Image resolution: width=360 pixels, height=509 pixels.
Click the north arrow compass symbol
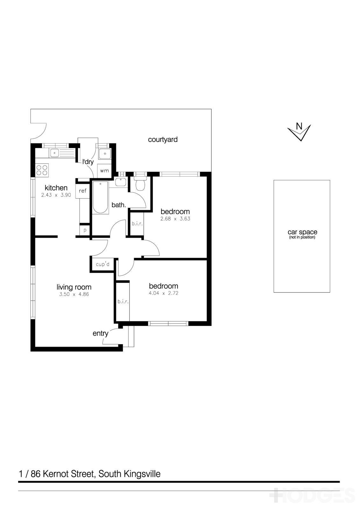click(299, 130)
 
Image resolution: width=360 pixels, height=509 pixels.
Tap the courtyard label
click(163, 139)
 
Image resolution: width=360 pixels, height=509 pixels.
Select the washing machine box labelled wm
click(104, 171)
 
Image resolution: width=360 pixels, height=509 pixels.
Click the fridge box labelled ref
click(82, 191)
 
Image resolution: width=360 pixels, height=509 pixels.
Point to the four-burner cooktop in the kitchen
click(42, 170)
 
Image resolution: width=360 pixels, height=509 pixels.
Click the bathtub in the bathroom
click(100, 197)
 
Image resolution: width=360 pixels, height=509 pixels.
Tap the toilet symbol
click(140, 183)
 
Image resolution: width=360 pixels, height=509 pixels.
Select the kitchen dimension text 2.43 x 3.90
click(56, 195)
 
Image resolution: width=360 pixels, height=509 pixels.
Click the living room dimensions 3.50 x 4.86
click(74, 294)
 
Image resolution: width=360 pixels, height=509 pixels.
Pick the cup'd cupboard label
click(102, 264)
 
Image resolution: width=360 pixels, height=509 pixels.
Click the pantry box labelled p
click(85, 230)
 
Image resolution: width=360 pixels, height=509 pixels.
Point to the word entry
click(100, 333)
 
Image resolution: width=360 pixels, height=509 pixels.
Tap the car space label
click(302, 232)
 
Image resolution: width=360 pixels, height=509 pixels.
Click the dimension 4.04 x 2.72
click(163, 293)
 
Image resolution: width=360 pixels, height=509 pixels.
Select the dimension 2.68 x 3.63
click(175, 219)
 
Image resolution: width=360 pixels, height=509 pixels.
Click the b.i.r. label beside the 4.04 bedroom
click(123, 301)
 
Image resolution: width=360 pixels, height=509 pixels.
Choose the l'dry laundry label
click(88, 162)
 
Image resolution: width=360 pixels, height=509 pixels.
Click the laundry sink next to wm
click(104, 154)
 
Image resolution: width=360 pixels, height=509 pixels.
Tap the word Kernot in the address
click(54, 474)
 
